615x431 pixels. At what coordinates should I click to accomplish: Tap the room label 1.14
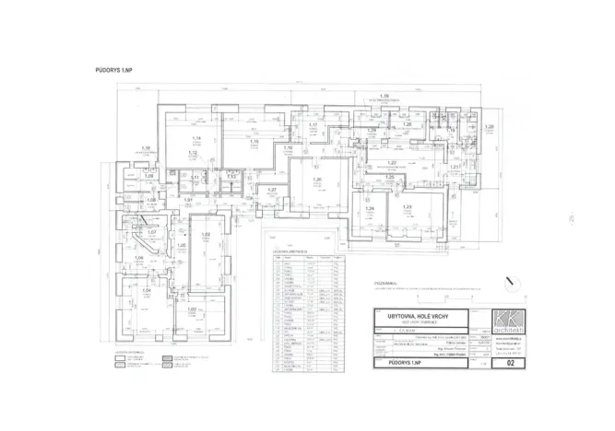click(x=195, y=136)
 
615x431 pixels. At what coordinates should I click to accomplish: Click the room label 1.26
click(x=317, y=180)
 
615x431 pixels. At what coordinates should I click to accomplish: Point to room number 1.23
click(x=406, y=208)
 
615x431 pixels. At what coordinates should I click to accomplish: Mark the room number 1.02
click(x=207, y=236)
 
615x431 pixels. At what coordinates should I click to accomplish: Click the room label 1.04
click(x=146, y=291)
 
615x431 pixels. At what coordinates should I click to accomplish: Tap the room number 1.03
click(x=191, y=309)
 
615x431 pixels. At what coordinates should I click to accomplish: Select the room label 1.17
click(x=313, y=124)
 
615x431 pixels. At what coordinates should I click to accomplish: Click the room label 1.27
click(x=272, y=189)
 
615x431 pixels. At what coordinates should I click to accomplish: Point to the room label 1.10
click(x=145, y=147)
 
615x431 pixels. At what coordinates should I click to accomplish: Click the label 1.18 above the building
click(x=384, y=95)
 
